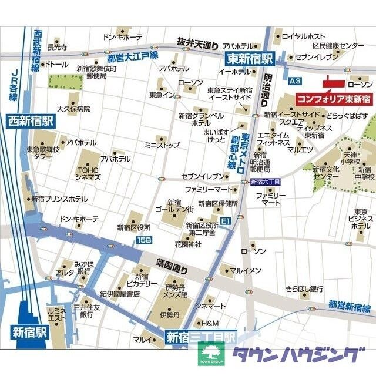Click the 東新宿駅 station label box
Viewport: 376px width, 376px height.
point(250,58)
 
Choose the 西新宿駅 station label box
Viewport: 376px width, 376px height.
point(30,122)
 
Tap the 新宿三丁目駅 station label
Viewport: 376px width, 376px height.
point(200,337)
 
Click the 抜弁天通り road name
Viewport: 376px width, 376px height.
point(198,42)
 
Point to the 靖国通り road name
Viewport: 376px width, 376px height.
point(172,269)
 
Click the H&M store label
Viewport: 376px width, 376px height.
point(210,323)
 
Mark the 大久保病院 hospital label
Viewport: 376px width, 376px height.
point(73,109)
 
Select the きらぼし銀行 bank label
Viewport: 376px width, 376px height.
point(304,289)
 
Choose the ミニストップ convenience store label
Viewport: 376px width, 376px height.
point(162,143)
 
